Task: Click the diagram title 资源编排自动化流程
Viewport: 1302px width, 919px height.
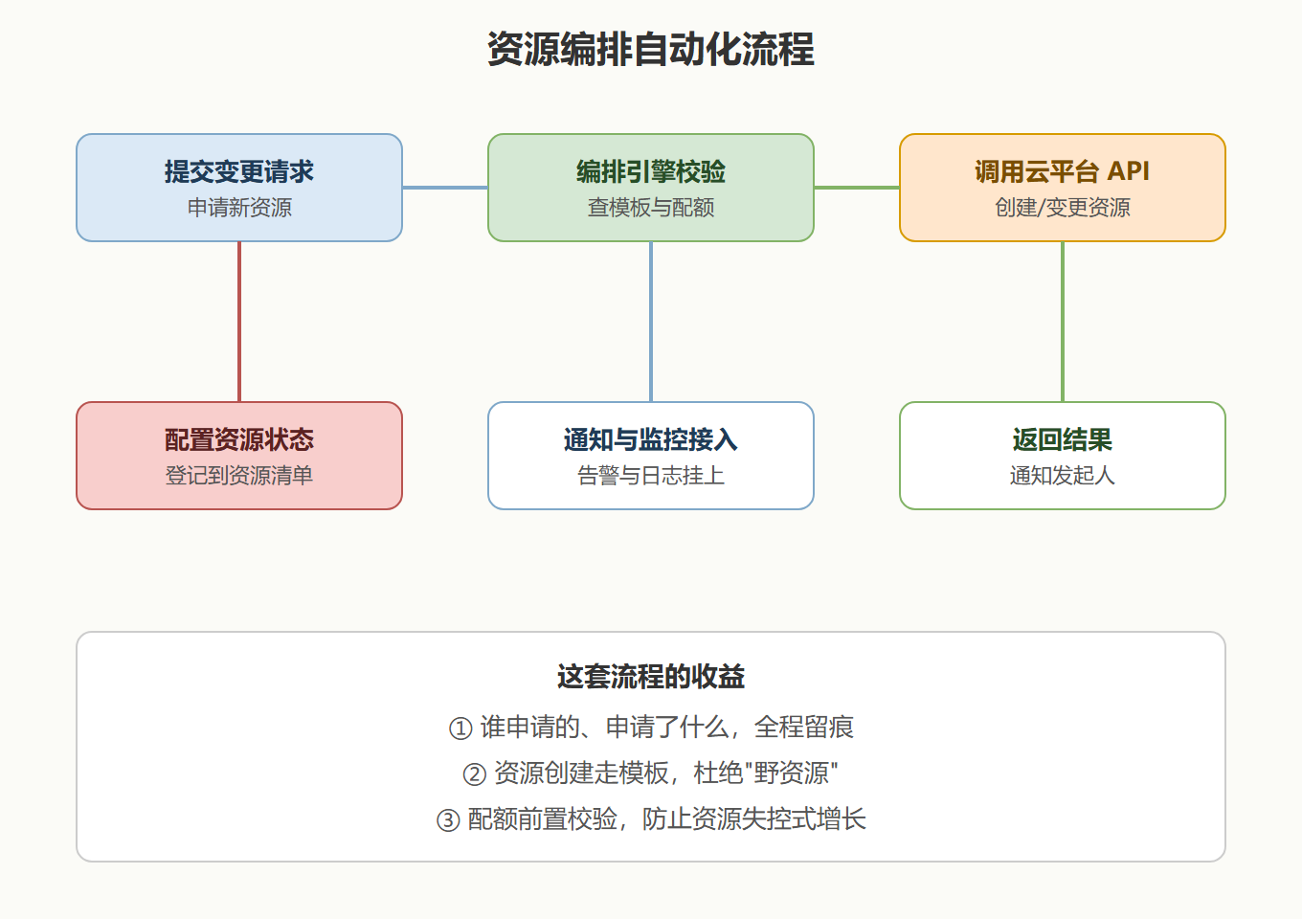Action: click(x=650, y=50)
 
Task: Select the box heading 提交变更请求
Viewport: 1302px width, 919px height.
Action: click(x=239, y=171)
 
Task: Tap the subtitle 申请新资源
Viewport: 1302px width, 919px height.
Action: click(x=239, y=208)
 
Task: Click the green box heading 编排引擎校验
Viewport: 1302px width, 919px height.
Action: click(x=650, y=171)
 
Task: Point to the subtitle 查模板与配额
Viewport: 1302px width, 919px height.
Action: click(x=650, y=208)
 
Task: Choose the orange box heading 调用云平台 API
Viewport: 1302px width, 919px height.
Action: click(x=1062, y=171)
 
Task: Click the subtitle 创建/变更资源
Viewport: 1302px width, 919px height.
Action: click(x=1062, y=208)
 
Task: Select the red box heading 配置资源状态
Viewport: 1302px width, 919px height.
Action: click(x=239, y=439)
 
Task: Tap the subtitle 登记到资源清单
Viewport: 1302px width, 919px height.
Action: click(x=239, y=476)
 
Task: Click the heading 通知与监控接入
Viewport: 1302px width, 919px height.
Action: click(x=650, y=439)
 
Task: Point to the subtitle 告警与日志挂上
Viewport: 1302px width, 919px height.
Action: click(x=650, y=476)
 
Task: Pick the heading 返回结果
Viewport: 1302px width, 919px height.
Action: click(x=1062, y=439)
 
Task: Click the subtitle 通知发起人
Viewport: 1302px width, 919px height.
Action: click(x=1062, y=476)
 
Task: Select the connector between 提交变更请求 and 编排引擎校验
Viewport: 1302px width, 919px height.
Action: click(x=445, y=188)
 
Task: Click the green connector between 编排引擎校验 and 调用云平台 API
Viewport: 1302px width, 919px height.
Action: click(x=857, y=188)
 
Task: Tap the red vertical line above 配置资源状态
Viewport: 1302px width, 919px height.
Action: click(x=239, y=322)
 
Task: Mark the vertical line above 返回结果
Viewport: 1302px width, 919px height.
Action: click(x=1063, y=322)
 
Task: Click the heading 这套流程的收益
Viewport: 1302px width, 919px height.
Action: click(x=650, y=677)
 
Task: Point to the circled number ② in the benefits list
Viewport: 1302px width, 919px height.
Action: click(x=474, y=774)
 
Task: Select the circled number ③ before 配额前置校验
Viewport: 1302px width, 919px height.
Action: click(x=448, y=820)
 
